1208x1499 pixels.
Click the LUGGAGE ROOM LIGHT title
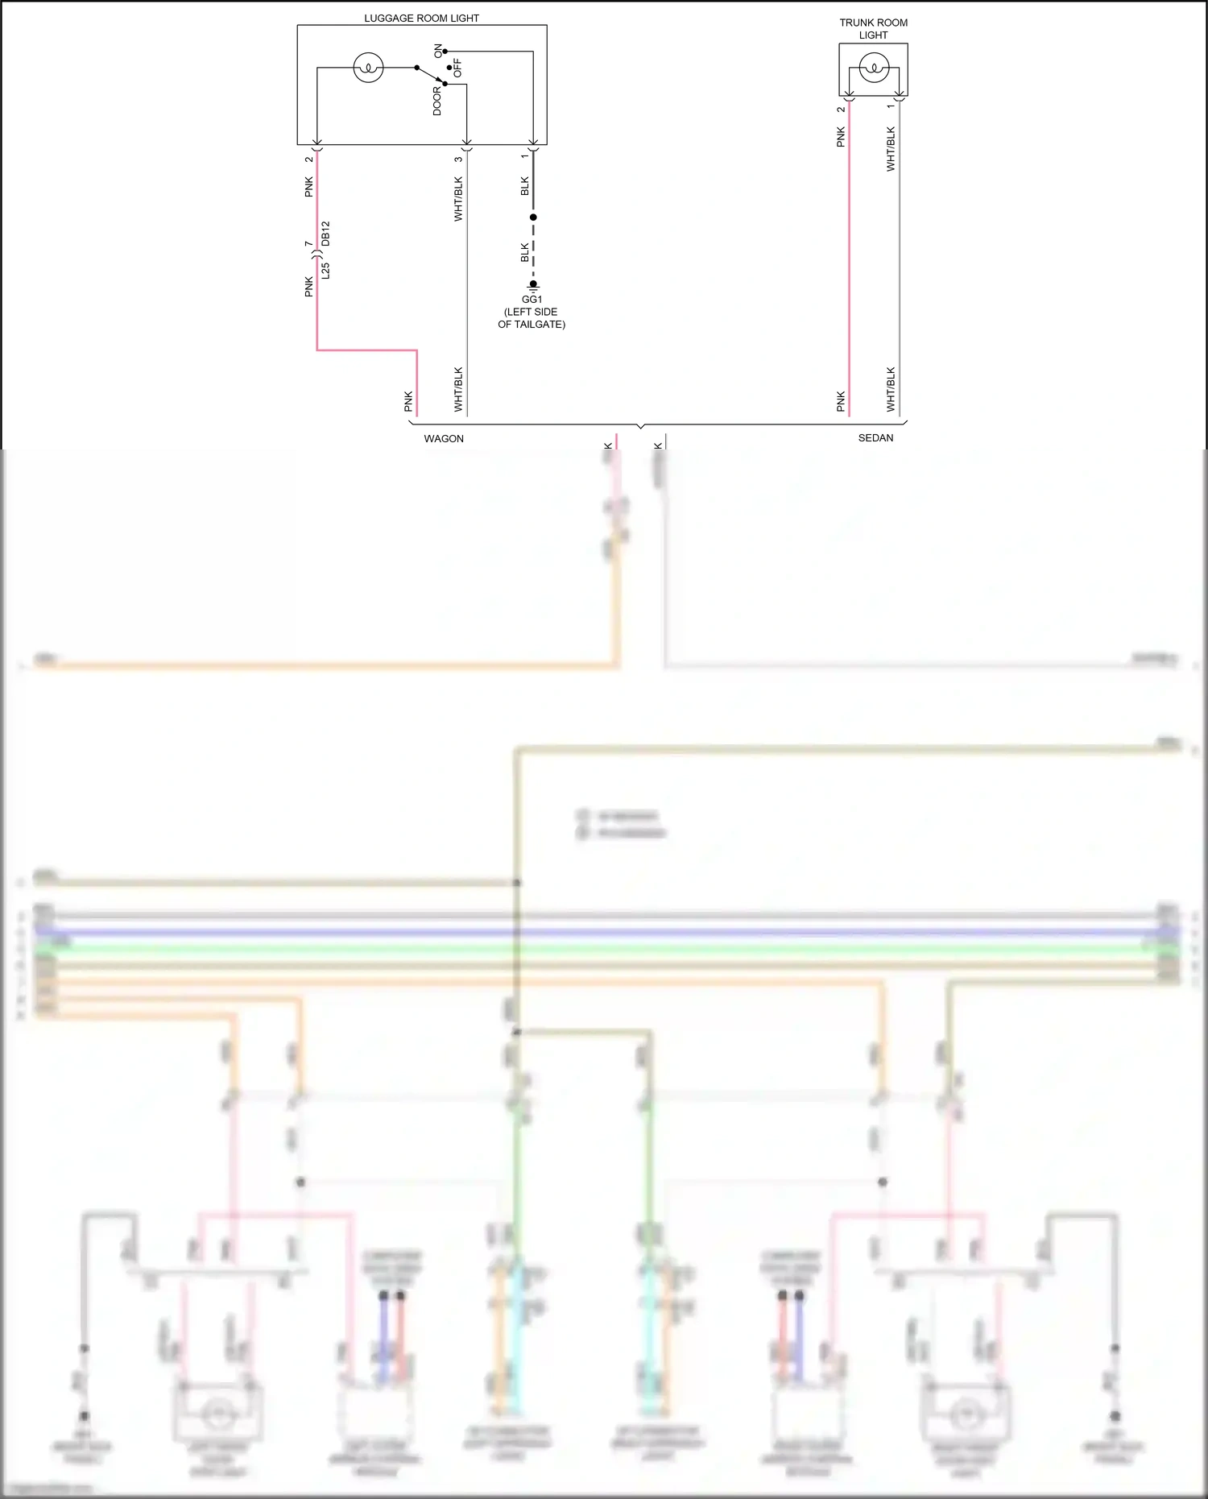(x=421, y=18)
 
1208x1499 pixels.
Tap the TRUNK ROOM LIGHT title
(x=873, y=29)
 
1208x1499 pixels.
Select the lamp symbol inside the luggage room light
(x=368, y=68)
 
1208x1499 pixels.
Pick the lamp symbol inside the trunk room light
(x=874, y=68)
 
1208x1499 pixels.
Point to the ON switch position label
(x=438, y=51)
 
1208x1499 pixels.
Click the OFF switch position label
(x=457, y=68)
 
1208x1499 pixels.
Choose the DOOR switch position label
(x=437, y=101)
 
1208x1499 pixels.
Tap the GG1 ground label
(x=532, y=299)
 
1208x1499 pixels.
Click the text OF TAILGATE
(x=532, y=325)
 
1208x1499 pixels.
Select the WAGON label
(x=444, y=439)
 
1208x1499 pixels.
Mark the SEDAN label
(x=875, y=438)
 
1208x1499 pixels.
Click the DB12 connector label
(x=325, y=234)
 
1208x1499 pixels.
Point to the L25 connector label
(x=325, y=271)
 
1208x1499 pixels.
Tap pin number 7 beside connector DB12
(x=308, y=243)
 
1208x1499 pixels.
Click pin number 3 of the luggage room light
(x=458, y=159)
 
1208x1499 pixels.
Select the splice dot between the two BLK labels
(x=533, y=217)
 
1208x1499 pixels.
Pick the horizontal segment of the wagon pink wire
(x=366, y=350)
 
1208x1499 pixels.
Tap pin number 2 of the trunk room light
(x=841, y=110)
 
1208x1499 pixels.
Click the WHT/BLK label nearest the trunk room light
(x=891, y=149)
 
